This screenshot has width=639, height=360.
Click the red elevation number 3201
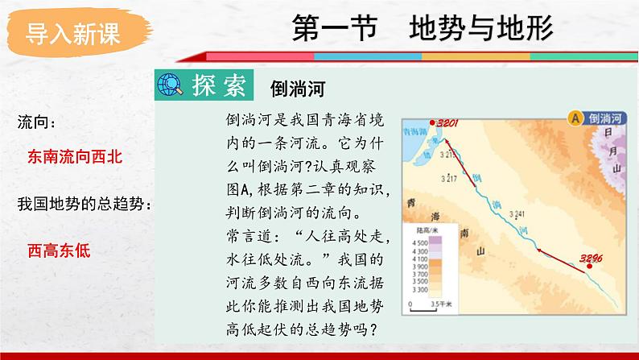(x=447, y=122)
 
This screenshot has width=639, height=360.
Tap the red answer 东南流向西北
(x=75, y=157)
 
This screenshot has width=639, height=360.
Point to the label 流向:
(x=37, y=122)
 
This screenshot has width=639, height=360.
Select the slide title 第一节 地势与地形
(x=422, y=29)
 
